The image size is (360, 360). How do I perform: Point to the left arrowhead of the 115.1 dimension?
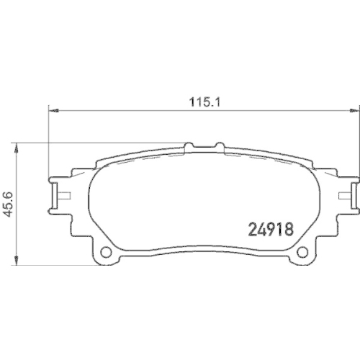[x=53, y=110]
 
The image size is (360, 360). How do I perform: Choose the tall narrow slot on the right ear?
[x=351, y=193]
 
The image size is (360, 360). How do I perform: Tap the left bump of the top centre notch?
[x=190, y=146]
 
